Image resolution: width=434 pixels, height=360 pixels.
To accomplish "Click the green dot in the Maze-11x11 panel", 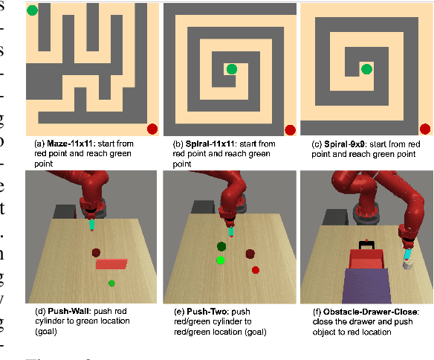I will coord(32,10).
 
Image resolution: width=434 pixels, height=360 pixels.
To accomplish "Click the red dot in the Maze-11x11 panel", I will coord(152,129).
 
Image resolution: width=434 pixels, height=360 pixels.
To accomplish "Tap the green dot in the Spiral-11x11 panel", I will coord(232,69).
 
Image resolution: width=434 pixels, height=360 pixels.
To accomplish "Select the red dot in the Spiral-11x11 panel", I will coord(290,129).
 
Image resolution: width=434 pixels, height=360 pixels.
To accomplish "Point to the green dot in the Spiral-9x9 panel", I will coord(366,69).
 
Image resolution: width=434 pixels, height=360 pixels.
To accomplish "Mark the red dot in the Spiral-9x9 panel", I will coord(425,129).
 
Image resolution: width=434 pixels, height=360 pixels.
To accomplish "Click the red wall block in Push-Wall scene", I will coord(112,263).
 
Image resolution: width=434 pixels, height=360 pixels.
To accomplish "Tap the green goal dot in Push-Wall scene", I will coord(111,283).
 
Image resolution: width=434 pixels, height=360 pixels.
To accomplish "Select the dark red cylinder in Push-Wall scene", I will coord(96,253).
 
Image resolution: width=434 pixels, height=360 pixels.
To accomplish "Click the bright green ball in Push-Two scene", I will coord(221,260).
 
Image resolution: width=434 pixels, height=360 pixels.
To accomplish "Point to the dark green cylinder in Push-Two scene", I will coord(221,246).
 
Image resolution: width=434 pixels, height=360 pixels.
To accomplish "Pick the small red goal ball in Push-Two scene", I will coord(256,269).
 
